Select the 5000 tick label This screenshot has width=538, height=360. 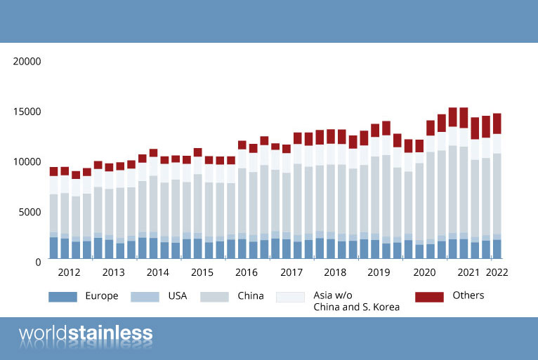click(30, 211)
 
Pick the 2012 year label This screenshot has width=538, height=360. click(69, 272)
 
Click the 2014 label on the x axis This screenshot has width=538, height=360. click(158, 272)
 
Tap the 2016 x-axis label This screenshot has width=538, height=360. click(247, 272)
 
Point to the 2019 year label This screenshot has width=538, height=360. click(380, 272)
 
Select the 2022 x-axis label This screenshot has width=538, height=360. click(497, 272)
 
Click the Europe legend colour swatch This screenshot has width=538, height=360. click(63, 297)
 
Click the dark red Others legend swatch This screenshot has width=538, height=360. click(429, 297)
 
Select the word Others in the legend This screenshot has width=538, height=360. click(468, 295)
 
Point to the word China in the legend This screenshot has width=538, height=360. click(251, 296)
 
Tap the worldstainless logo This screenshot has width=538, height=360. click(86, 333)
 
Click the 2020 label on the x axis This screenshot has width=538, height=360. click(425, 272)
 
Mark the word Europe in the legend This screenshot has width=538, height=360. click(101, 296)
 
